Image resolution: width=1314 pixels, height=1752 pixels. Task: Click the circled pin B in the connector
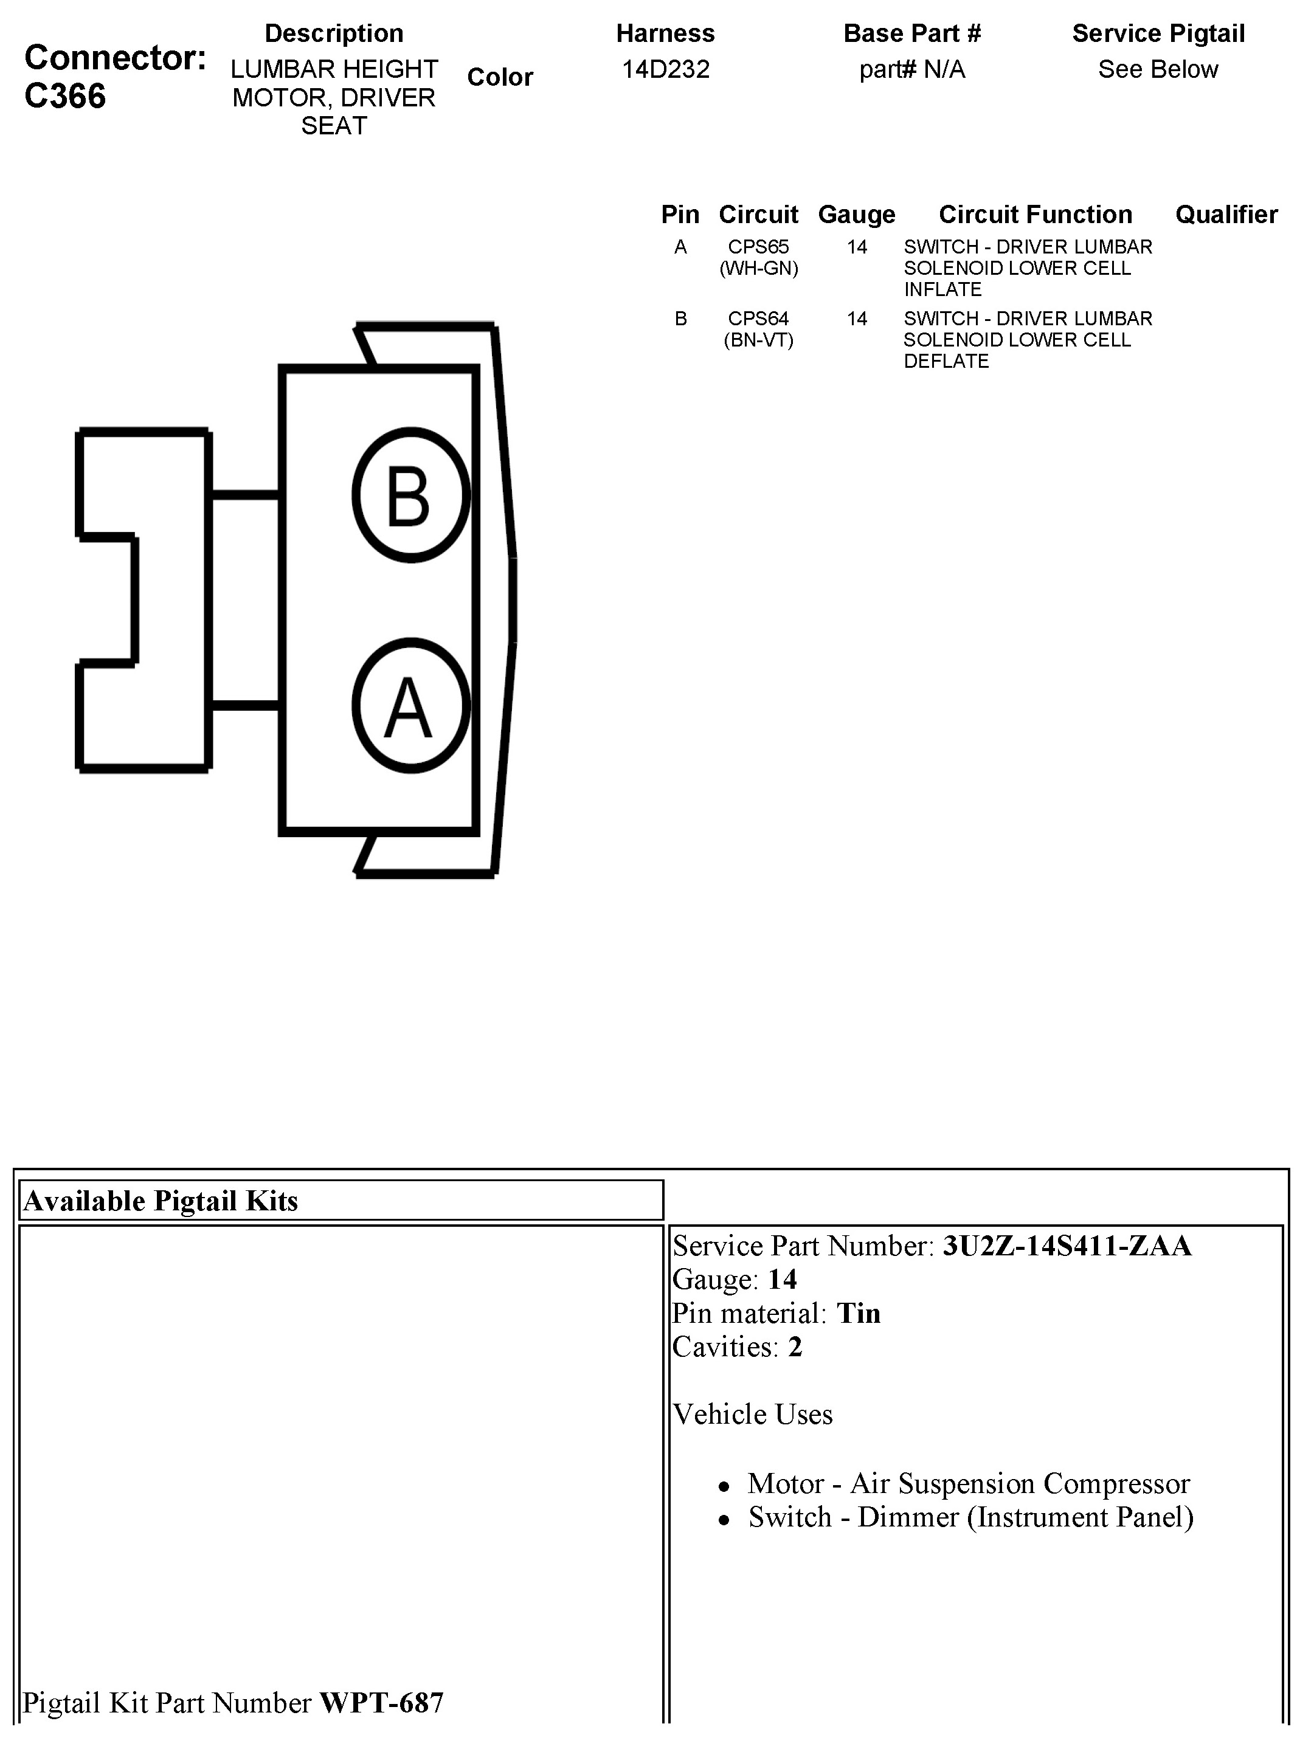click(410, 495)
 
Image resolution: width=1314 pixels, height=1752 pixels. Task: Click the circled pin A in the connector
click(410, 706)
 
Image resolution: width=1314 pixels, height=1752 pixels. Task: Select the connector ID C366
click(65, 97)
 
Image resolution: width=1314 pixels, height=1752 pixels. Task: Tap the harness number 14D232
click(665, 70)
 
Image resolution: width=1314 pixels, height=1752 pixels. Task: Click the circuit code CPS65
click(758, 247)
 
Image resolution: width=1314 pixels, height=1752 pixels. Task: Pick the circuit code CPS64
click(758, 319)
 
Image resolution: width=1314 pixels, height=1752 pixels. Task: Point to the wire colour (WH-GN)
click(758, 269)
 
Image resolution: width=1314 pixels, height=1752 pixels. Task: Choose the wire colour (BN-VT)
click(758, 340)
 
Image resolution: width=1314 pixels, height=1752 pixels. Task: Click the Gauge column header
click(856, 215)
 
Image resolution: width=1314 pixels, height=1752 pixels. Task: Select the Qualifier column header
click(1226, 215)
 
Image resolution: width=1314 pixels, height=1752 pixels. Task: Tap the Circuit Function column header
click(1035, 215)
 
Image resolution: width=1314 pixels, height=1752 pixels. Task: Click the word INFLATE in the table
click(942, 290)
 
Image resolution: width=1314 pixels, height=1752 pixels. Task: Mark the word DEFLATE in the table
click(946, 361)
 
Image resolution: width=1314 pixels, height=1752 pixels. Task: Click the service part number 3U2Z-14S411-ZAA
click(1066, 1246)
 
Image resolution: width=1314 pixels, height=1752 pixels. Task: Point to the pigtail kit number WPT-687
click(381, 1702)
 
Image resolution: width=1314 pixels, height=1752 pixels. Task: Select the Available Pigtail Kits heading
click(161, 1201)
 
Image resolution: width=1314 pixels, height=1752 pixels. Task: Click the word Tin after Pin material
click(859, 1313)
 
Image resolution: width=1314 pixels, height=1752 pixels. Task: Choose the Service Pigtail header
click(1158, 33)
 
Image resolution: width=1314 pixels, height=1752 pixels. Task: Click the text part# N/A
click(911, 70)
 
